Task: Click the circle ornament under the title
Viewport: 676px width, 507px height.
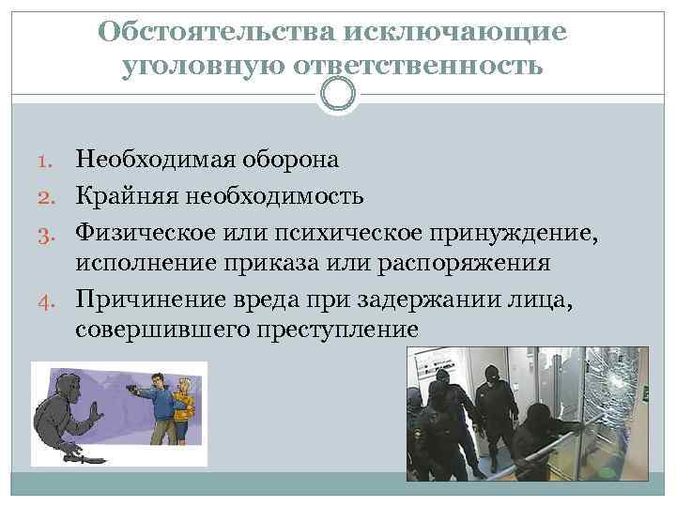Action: pyautogui.click(x=338, y=94)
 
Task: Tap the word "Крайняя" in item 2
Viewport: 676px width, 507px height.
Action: pyautogui.click(x=126, y=196)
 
